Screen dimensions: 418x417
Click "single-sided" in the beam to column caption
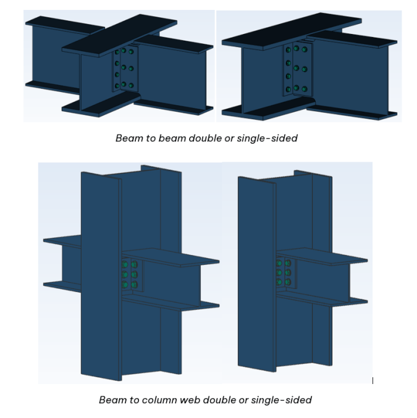[281, 400]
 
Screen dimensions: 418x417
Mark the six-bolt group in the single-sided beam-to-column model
[284, 272]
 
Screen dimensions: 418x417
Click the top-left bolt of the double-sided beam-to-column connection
[125, 265]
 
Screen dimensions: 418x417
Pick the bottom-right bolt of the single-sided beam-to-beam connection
[305, 88]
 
